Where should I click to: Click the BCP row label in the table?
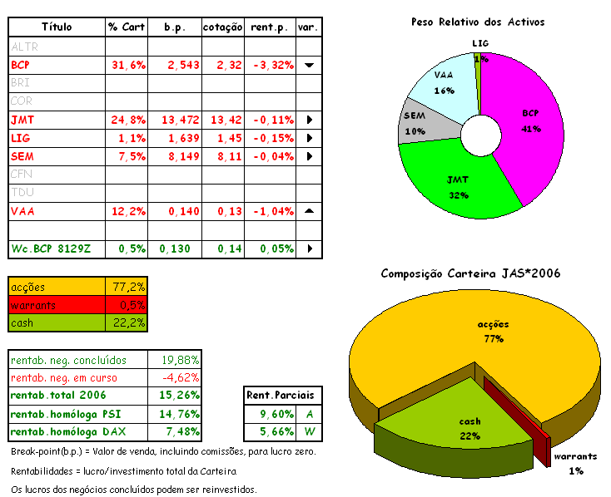coord(21,64)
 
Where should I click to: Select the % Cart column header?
coord(126,27)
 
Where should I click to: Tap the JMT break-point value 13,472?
coord(176,119)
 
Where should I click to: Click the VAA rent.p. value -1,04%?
coord(271,211)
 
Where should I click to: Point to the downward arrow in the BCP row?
coord(309,64)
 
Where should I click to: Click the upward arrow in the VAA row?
coord(309,211)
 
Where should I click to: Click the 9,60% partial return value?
coord(266,414)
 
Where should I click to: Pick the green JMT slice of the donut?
coord(458,179)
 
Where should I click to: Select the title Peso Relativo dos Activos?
coord(478,22)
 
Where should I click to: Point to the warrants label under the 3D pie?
coord(574,457)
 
